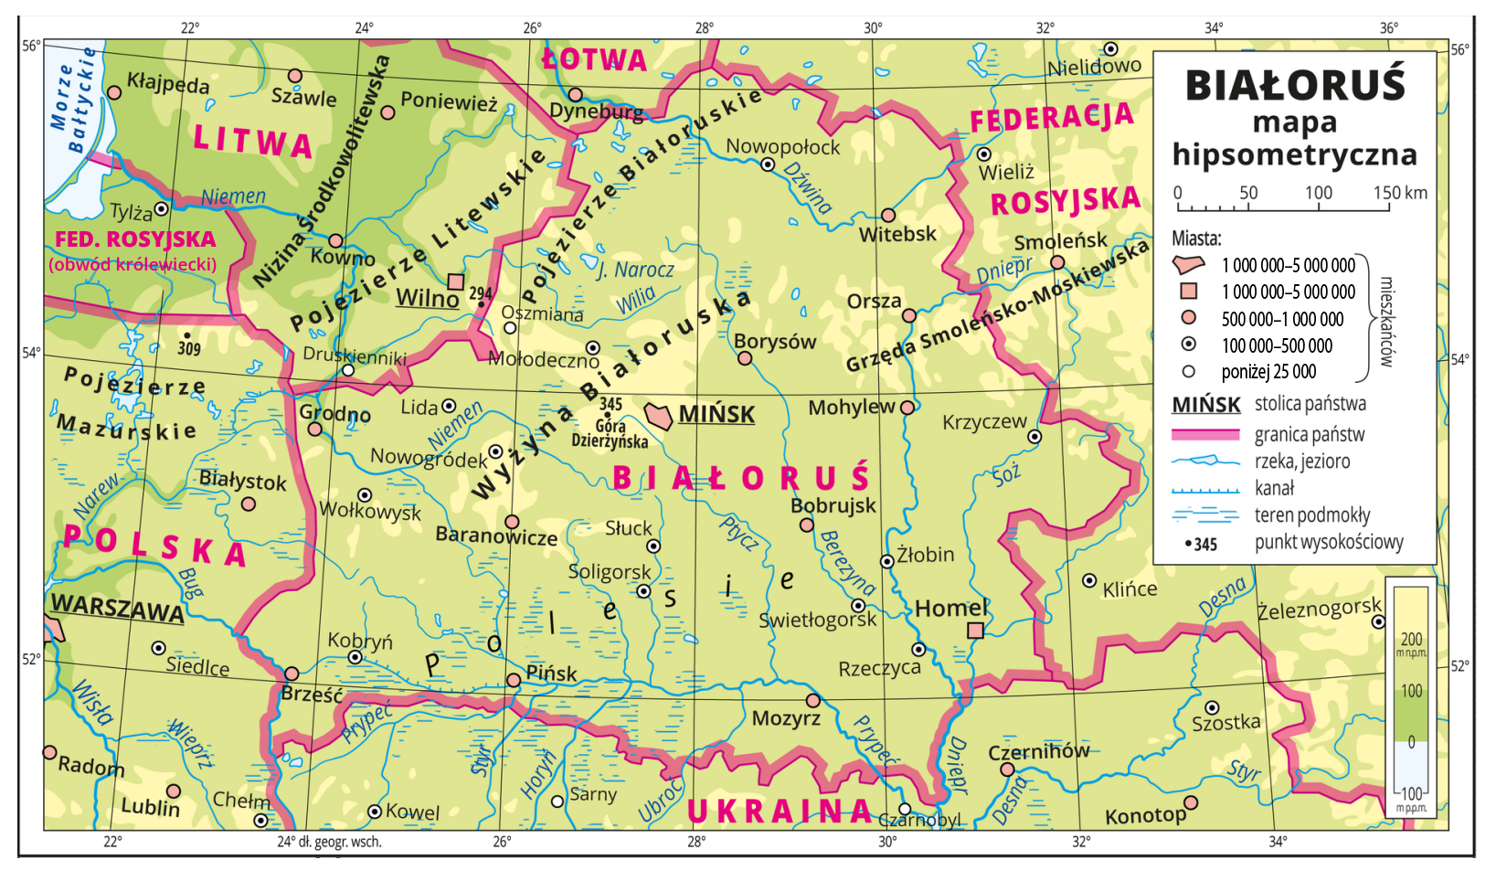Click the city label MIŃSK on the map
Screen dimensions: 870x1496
[x=716, y=414]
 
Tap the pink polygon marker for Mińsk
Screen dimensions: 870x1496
[x=658, y=415]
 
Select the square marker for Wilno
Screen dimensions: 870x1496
[x=456, y=281]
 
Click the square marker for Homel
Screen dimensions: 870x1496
[x=975, y=631]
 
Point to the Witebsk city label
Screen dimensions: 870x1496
[x=897, y=234]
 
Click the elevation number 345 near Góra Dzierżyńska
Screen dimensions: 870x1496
[x=610, y=403]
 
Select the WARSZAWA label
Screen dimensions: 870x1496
[x=117, y=608]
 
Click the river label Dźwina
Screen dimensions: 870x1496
[x=808, y=187]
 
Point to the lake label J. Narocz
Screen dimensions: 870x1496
[x=635, y=270]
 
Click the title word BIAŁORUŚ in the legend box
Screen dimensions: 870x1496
[x=1294, y=85]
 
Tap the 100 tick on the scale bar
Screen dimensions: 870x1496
[x=1318, y=193]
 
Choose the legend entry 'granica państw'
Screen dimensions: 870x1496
[x=1309, y=434]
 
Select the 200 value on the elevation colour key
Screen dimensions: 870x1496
[x=1411, y=639]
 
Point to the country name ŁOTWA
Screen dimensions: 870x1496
[x=594, y=60]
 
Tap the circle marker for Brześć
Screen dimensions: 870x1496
[x=292, y=674]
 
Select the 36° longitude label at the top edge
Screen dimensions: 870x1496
[x=1388, y=28]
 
